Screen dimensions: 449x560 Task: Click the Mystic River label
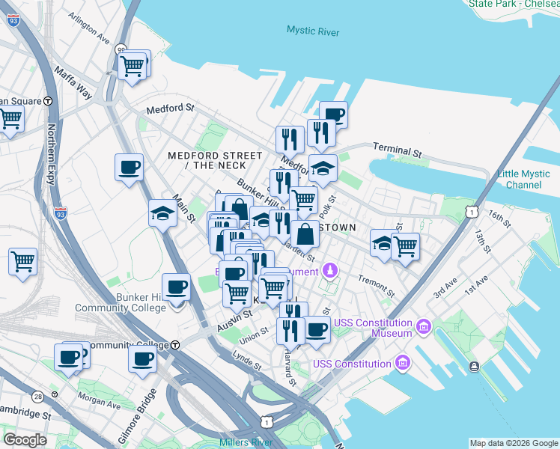(312, 31)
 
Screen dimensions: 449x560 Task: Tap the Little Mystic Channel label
(523, 180)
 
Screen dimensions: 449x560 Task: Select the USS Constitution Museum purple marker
(423, 327)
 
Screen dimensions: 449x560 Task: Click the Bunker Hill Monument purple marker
(329, 269)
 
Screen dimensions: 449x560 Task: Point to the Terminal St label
(397, 150)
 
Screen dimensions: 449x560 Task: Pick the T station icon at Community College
(174, 345)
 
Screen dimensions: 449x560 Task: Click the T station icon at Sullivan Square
(48, 101)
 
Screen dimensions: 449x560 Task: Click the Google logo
(25, 439)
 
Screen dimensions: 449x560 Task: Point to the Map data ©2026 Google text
(514, 443)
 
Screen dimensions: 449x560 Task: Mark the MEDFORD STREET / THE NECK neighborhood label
(215, 160)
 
